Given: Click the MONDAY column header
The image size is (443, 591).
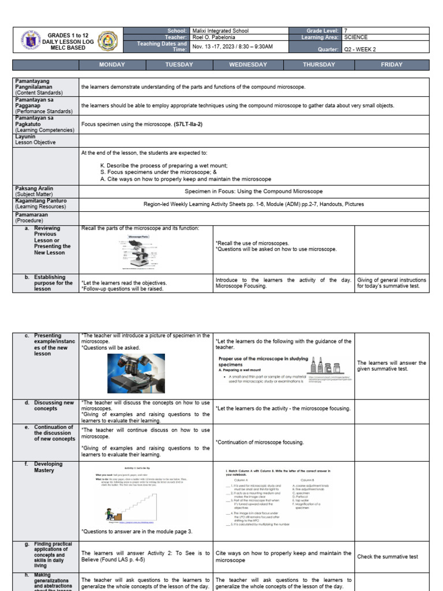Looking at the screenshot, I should point(112,65).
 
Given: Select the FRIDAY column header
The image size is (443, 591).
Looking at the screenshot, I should point(392,65).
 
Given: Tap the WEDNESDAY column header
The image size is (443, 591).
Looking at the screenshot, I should point(248,65).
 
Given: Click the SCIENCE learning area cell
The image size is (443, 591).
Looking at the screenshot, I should point(356,37).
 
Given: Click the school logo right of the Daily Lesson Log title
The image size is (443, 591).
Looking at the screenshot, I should point(108,40).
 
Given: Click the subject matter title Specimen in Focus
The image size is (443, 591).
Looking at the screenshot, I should point(253,191).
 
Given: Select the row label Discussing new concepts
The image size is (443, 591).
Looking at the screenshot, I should point(53,406).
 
